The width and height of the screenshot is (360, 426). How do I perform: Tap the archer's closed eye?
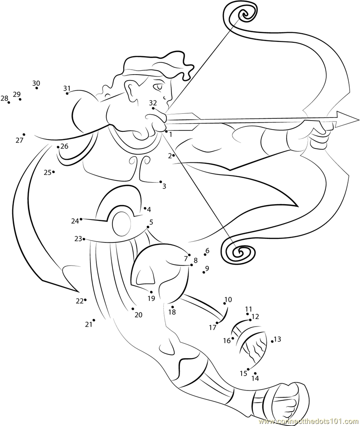tap(158, 87)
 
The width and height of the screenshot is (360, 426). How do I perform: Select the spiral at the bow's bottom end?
tap(239, 251)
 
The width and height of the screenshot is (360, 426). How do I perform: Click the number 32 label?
tap(153, 103)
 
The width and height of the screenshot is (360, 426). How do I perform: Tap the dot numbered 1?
tap(166, 131)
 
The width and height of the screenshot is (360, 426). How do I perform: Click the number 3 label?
tap(164, 186)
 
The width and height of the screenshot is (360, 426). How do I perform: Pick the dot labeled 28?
tap(9, 103)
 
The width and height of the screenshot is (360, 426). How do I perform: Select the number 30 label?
tap(36, 83)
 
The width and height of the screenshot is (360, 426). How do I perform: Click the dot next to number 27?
tap(24, 135)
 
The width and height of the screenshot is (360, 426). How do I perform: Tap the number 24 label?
tap(75, 221)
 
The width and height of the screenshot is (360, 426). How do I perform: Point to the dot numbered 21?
tap(94, 320)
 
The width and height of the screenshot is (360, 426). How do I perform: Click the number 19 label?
tap(151, 298)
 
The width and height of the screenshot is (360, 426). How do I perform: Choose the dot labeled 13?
tap(273, 341)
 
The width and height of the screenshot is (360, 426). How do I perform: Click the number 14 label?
tap(256, 378)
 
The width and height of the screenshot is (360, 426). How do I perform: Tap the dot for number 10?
tap(225, 303)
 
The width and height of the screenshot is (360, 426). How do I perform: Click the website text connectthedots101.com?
tap(308, 422)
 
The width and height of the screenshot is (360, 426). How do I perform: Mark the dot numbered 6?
tap(205, 255)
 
